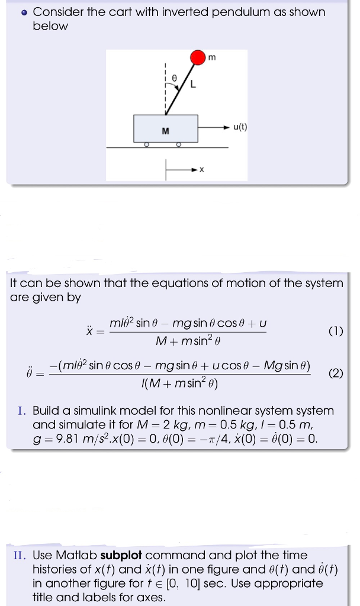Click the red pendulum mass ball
[x=198, y=58]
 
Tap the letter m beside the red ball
[x=212, y=57]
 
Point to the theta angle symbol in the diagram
[x=174, y=78]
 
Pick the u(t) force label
[x=240, y=126]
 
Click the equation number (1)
[x=335, y=331]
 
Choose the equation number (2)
[x=335, y=373]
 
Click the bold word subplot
[x=121, y=555]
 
